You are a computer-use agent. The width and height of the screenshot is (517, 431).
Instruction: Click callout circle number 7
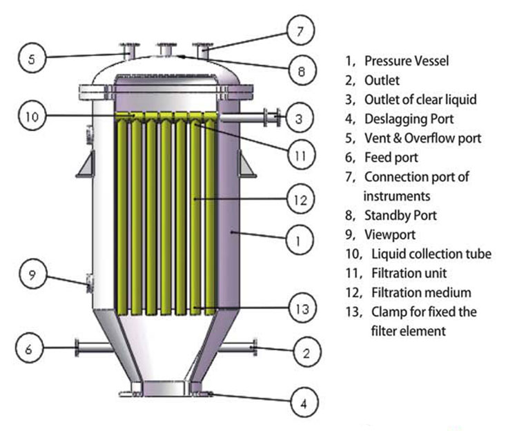(300, 31)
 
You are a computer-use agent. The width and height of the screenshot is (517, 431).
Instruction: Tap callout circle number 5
(31, 59)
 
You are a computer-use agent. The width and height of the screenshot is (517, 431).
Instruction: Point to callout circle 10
(31, 117)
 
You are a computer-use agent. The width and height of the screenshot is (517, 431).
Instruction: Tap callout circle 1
(297, 241)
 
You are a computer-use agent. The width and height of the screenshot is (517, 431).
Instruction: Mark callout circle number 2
(304, 353)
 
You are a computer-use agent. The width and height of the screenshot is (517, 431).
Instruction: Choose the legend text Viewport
(390, 235)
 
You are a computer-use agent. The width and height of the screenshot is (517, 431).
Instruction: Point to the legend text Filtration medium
(427, 293)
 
